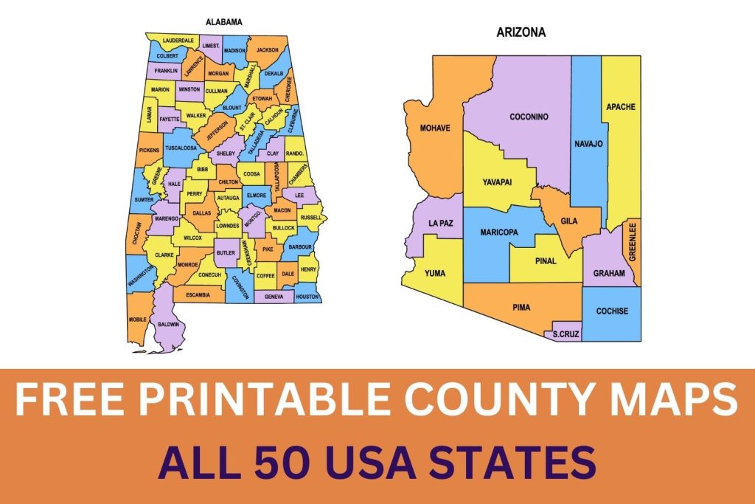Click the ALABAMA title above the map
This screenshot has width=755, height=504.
click(224, 22)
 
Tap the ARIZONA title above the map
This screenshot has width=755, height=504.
click(521, 32)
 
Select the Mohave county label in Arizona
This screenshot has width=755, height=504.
click(436, 128)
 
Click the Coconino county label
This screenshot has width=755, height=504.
click(529, 117)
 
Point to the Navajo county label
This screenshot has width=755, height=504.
click(588, 143)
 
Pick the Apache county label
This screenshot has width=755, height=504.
click(620, 107)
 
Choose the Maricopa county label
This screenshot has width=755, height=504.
click(499, 232)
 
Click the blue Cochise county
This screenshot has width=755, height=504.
click(612, 311)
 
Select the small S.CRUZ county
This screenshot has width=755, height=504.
click(566, 334)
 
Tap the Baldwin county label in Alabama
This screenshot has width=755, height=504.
click(168, 324)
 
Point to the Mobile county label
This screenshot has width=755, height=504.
click(138, 320)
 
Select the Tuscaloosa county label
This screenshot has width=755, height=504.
click(181, 148)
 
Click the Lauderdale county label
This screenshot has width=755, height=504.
click(178, 40)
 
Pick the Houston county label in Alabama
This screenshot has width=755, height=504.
click(307, 297)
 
